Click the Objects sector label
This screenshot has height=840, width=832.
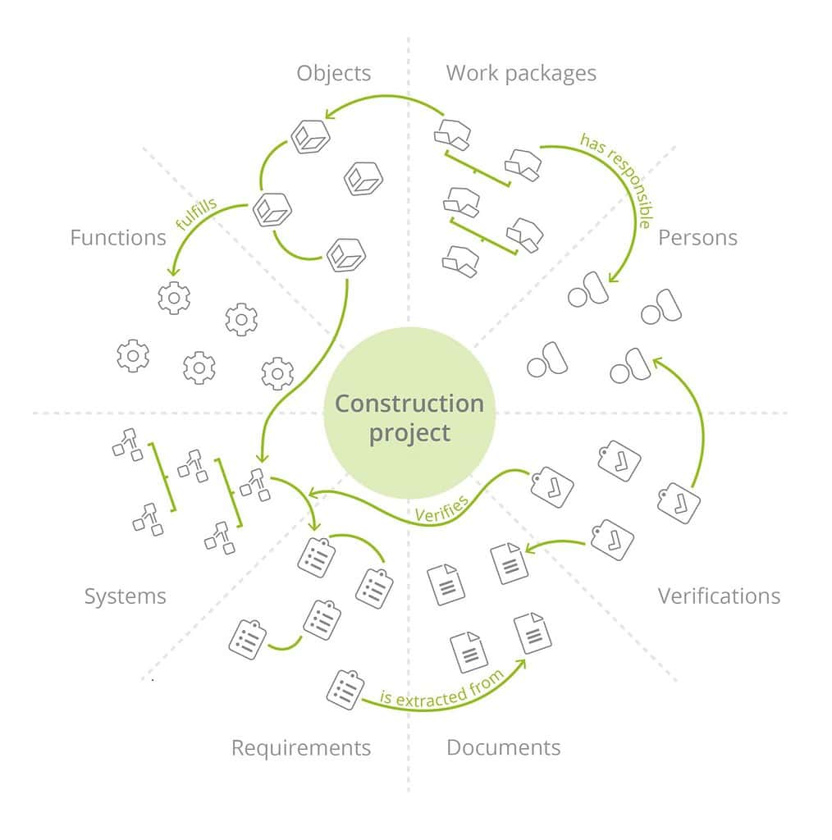pos(333,73)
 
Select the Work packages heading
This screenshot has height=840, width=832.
pos(521,73)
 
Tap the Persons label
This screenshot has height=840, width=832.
pos(697,238)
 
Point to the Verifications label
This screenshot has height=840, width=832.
pos(719,596)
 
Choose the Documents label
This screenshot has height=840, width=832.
pos(503,747)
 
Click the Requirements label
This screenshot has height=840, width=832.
pos(300,747)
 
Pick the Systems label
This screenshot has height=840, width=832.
pos(125,596)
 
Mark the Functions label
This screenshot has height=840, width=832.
pos(117,238)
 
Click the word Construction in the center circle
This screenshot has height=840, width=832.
pos(409,404)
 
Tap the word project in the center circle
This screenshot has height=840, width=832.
pos(409,432)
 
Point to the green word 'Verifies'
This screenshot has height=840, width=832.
pos(441,509)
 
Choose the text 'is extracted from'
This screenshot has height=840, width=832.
pos(441,687)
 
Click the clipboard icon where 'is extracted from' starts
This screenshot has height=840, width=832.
pos(345,689)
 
